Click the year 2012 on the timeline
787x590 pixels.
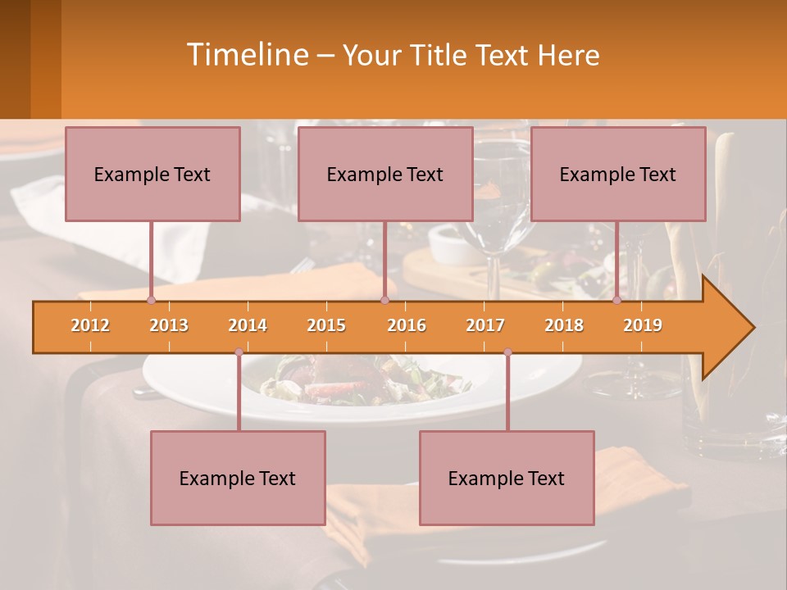coord(90,325)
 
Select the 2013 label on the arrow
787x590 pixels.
coord(169,325)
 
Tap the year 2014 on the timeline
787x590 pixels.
coord(248,325)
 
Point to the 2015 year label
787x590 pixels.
coord(326,325)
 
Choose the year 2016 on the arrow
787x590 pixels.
coord(407,325)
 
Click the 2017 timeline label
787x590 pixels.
coord(485,325)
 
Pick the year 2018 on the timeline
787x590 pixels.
coord(564,325)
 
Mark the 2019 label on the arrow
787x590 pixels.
coord(643,325)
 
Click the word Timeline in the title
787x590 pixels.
coord(246,55)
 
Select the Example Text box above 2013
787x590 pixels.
coord(152,174)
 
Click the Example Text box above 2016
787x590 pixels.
coord(385,174)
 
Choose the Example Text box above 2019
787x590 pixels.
coord(618,174)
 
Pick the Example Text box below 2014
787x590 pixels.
coord(238,478)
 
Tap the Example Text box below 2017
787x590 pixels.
coord(507,478)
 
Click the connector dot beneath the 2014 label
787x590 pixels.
coord(239,352)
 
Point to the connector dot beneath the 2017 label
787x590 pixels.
coord(507,352)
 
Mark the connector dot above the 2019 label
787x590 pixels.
coord(617,301)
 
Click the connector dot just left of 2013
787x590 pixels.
coord(151,301)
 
